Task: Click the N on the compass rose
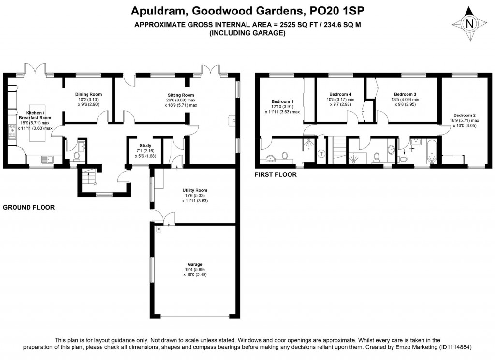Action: click(x=470, y=24)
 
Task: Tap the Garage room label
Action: click(x=195, y=264)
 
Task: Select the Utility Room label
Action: click(x=195, y=190)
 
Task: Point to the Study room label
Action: click(x=145, y=146)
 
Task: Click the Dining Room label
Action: click(x=88, y=94)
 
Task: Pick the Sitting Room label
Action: click(x=181, y=95)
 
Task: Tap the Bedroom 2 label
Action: click(x=465, y=115)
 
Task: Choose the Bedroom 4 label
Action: click(x=340, y=94)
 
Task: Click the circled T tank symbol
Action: click(x=321, y=154)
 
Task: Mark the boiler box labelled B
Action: click(x=159, y=229)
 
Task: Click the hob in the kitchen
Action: click(x=13, y=131)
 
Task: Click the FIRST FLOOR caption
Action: click(x=276, y=174)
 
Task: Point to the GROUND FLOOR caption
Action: click(x=29, y=207)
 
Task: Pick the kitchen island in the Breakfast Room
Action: click(x=37, y=123)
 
